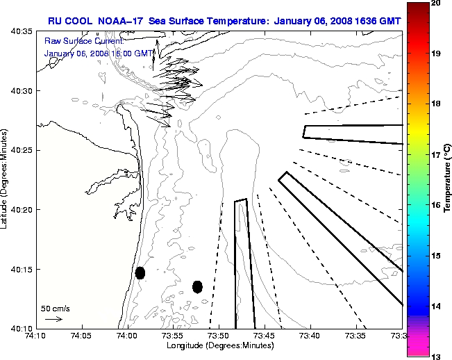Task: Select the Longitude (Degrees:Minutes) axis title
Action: click(218, 345)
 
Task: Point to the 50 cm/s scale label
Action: click(55, 307)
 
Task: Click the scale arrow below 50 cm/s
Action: click(53, 319)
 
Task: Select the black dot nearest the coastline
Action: click(140, 272)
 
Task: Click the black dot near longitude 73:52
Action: click(197, 286)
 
